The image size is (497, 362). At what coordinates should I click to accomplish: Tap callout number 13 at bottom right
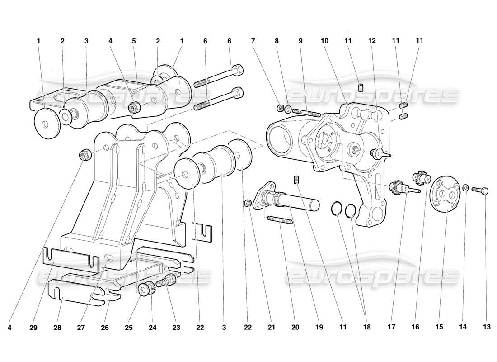coord(487,326)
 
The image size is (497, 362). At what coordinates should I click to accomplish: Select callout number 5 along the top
coord(134,41)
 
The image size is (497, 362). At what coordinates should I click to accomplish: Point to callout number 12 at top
coord(372,41)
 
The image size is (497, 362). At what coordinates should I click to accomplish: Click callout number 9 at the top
coord(300,41)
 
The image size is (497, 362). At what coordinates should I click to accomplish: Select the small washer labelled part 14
coord(465,188)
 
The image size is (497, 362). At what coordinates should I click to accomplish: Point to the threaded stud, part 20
coord(280,220)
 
